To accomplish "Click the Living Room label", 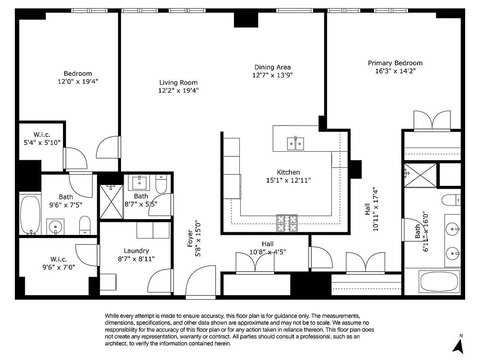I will point(178,82).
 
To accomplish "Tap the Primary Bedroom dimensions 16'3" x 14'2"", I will point(395,71).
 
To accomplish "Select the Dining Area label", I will point(273,67).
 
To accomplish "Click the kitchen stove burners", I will point(287,222).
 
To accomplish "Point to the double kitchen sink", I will point(295,144).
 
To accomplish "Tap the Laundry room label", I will point(136,251).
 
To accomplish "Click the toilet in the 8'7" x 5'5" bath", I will point(161,184).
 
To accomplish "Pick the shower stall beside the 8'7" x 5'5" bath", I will point(111,201).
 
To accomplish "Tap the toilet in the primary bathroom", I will point(451,199).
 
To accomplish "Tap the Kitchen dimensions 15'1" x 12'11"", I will point(288,180).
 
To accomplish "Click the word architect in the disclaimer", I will point(117,343).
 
